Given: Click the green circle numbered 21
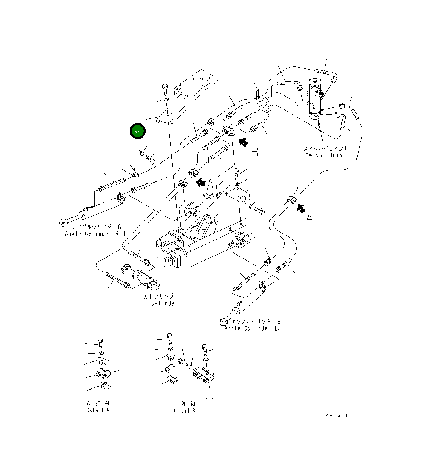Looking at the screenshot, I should pyautogui.click(x=137, y=132).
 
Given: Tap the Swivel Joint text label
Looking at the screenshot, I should pyautogui.click(x=325, y=152).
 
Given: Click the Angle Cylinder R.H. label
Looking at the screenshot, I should pyautogui.click(x=93, y=230).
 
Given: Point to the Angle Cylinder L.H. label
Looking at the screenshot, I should pyautogui.click(x=255, y=325).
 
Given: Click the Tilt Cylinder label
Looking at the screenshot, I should pyautogui.click(x=156, y=300).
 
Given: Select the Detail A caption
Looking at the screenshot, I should pyautogui.click(x=98, y=406).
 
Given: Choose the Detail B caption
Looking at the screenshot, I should pyautogui.click(x=184, y=407).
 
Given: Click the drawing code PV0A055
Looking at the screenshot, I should pyautogui.click(x=339, y=415).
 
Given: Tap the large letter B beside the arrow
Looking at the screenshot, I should pyautogui.click(x=255, y=152).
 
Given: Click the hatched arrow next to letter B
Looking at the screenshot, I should pyautogui.click(x=243, y=142).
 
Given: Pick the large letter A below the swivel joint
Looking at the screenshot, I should pyautogui.click(x=309, y=218).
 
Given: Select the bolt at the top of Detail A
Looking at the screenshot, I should pyautogui.click(x=100, y=343).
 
